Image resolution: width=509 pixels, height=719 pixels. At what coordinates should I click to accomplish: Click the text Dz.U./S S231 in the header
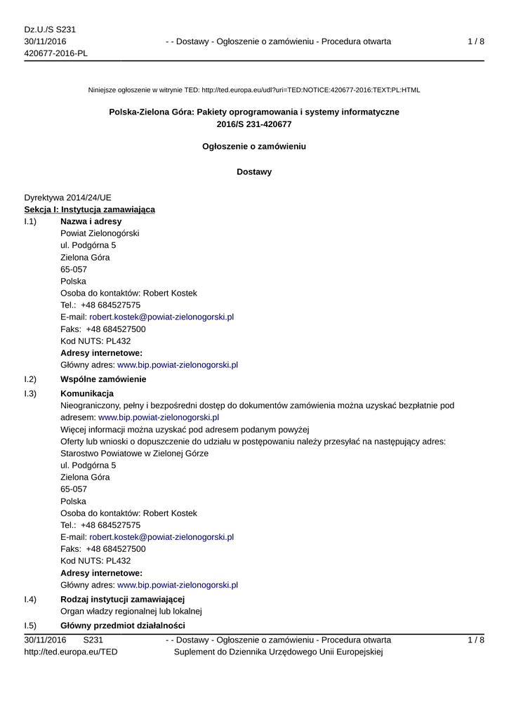point(50,29)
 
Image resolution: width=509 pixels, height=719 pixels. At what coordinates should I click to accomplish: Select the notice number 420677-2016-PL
point(56,54)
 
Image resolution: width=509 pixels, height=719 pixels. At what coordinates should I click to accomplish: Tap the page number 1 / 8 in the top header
point(475,41)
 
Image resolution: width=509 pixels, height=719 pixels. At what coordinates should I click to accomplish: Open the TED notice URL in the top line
point(310,90)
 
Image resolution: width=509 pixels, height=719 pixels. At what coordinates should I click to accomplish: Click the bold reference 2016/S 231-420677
point(254,124)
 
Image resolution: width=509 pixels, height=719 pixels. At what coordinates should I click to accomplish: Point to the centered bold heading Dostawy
point(254,172)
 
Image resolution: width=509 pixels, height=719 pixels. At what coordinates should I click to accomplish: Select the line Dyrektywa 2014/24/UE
point(67,197)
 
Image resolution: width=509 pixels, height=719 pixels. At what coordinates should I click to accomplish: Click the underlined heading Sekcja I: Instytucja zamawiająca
point(90,209)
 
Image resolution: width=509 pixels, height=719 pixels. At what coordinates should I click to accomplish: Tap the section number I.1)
point(30,221)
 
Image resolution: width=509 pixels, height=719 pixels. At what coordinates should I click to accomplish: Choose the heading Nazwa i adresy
point(91,221)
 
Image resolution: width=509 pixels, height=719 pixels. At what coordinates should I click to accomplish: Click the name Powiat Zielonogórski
point(100,233)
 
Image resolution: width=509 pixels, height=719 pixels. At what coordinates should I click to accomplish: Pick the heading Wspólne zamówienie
point(103,379)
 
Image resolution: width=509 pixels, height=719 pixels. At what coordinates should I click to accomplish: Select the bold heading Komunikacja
point(87,393)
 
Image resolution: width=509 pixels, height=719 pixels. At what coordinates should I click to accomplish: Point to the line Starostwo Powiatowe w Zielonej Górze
point(134,453)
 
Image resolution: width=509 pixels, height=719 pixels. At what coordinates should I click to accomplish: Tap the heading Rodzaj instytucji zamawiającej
point(122,599)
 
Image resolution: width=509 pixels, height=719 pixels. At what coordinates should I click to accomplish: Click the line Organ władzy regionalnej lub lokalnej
point(131,611)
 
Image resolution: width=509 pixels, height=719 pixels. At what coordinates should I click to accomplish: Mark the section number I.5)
point(30,625)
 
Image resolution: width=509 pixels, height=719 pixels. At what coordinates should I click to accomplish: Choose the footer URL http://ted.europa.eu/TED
point(71,652)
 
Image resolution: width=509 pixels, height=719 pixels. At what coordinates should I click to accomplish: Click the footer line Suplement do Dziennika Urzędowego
point(277,652)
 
